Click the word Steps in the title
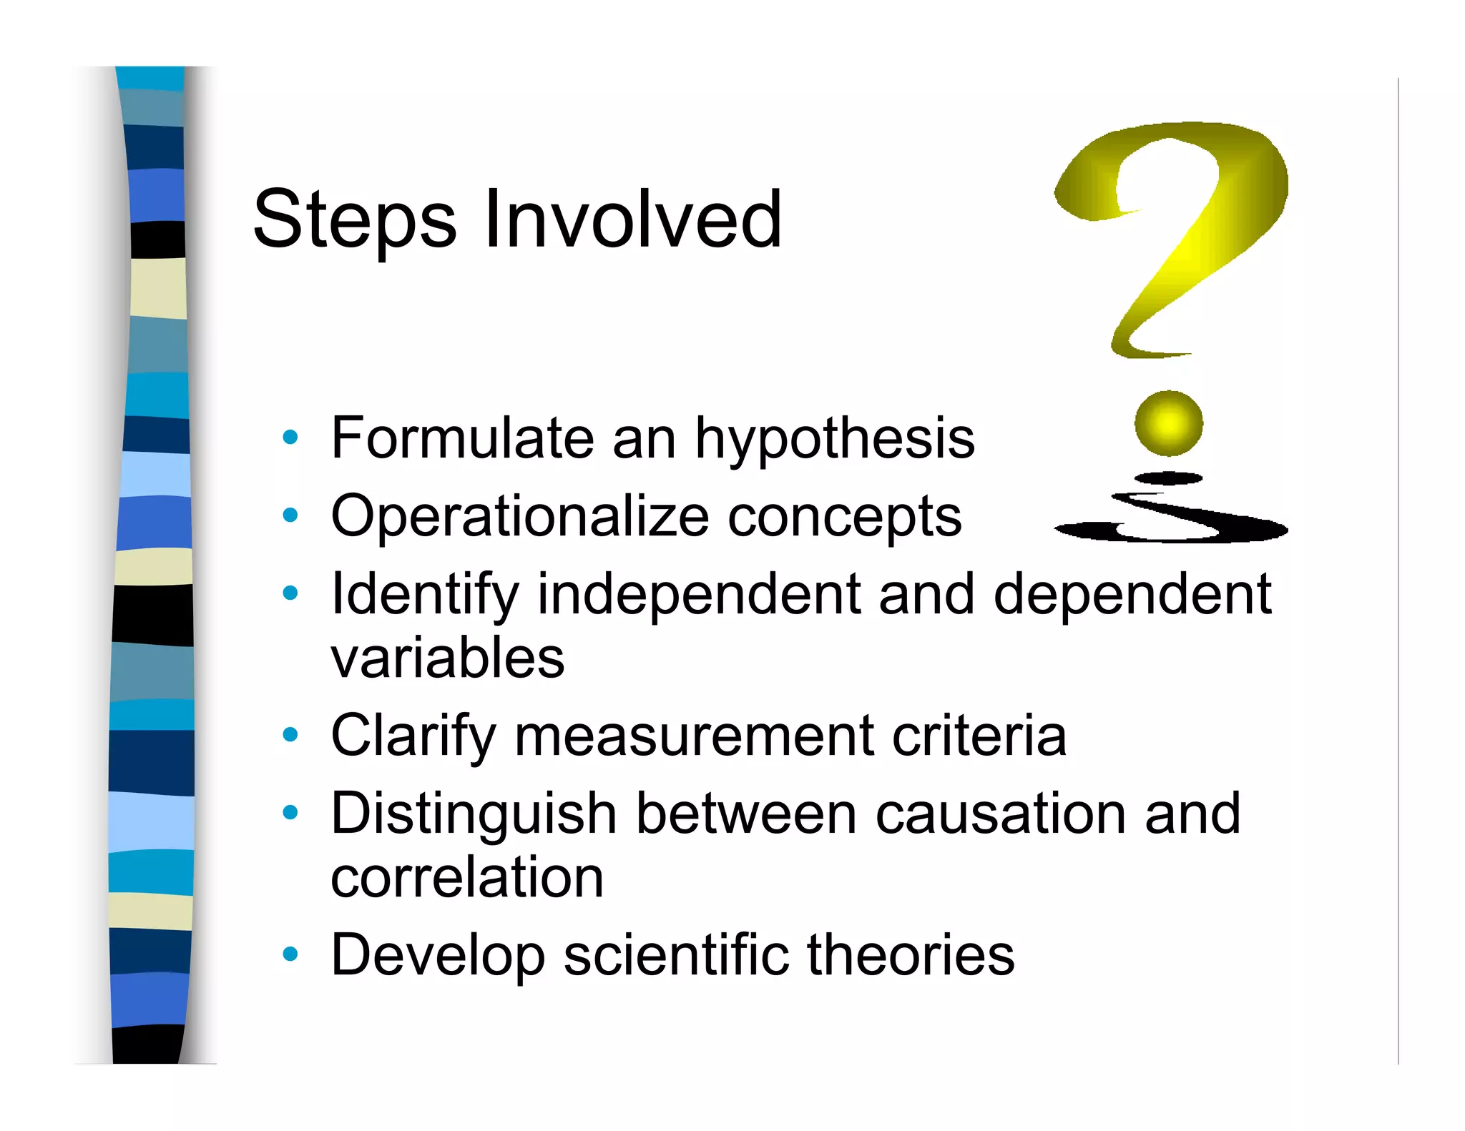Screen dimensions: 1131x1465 point(355,219)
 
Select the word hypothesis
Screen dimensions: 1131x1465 point(834,439)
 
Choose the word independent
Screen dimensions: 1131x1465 point(699,594)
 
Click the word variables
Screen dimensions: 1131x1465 point(447,658)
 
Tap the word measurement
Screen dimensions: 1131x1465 point(693,736)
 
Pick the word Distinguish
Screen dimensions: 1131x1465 point(474,814)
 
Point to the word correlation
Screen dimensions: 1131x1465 point(467,877)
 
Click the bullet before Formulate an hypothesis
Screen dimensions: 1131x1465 point(290,437)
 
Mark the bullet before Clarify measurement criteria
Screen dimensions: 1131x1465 point(290,734)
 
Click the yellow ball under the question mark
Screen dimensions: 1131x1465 point(1168,423)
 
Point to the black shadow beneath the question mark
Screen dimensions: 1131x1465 point(1171,525)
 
